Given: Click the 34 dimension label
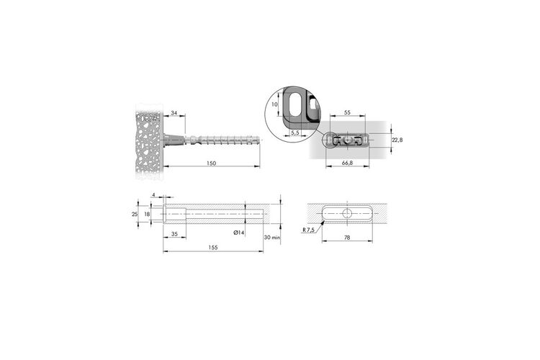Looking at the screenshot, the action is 174,113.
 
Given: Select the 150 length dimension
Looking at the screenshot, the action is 212,163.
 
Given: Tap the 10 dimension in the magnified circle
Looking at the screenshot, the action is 274,104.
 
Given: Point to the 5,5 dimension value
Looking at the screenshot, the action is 295,132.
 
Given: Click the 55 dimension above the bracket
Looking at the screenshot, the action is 347,112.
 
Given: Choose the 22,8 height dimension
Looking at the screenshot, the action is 397,140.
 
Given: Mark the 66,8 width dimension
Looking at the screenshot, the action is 347,163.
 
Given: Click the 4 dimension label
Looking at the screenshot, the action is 153,195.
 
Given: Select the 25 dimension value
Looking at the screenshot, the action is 135,214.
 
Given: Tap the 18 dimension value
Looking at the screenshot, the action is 147,214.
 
